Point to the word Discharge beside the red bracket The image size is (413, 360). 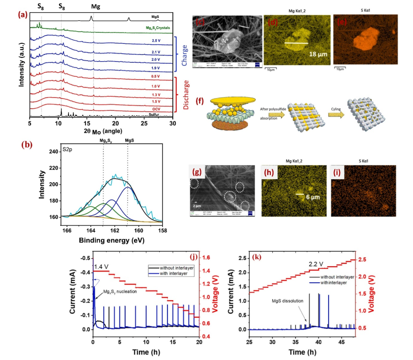coord(184,95)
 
